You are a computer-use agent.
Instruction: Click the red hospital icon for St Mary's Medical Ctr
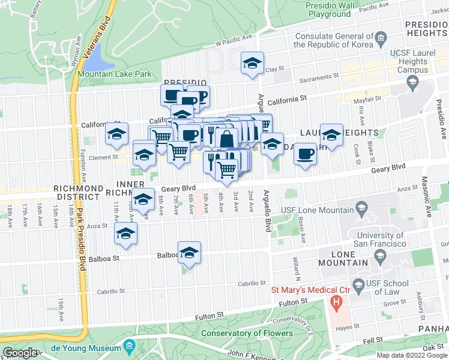pyautogui.click(x=337, y=301)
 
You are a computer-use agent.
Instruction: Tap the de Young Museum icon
pyautogui.click(x=129, y=346)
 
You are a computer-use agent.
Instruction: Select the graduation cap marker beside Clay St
pyautogui.click(x=253, y=64)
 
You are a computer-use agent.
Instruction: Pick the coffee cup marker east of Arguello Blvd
pyautogui.click(x=305, y=154)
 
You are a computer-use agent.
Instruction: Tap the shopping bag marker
pyautogui.click(x=227, y=139)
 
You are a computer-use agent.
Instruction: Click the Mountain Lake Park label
pyautogui.click(x=114, y=74)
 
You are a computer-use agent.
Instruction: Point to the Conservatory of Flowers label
pyautogui.click(x=247, y=333)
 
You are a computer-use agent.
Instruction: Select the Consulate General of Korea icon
pyautogui.click(x=381, y=41)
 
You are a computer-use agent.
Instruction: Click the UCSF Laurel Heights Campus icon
pyautogui.click(x=412, y=84)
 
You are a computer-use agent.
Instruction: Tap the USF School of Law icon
pyautogui.click(x=360, y=284)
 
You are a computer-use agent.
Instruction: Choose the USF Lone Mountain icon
pyautogui.click(x=362, y=209)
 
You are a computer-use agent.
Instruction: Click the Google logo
pyautogui.click(x=20, y=353)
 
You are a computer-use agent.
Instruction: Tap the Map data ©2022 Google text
pyautogui.click(x=411, y=355)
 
